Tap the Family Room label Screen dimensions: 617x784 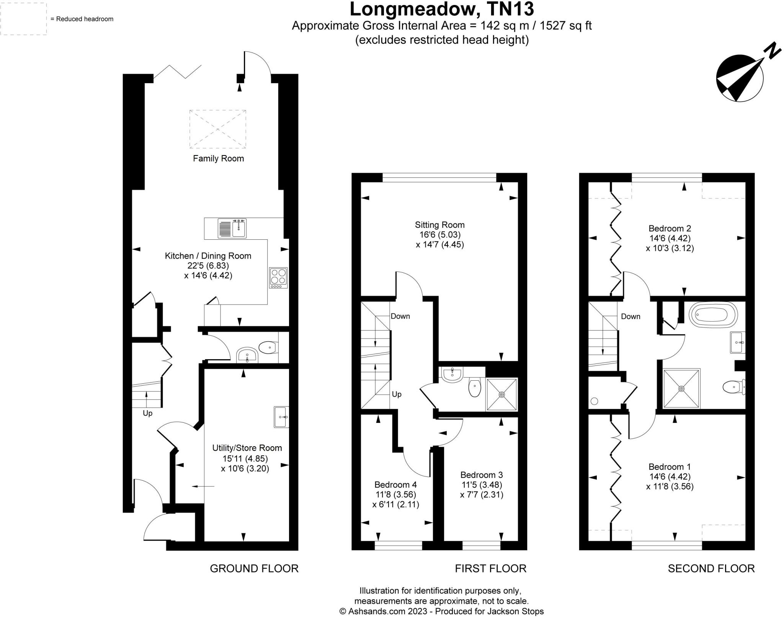point(218,158)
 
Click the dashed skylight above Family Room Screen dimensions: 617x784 point(217,129)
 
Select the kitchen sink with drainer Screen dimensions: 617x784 point(232,228)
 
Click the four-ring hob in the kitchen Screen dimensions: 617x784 point(278,278)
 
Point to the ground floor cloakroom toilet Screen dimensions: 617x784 point(268,348)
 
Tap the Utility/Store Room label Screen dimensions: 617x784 point(247,448)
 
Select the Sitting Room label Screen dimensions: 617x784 point(439,225)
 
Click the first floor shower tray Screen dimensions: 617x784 point(501,394)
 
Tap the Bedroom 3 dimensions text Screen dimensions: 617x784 point(482,489)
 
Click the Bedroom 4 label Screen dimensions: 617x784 point(395,484)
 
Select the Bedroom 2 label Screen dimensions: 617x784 point(670,229)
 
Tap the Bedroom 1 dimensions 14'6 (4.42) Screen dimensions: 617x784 point(670,476)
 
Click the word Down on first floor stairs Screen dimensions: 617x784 point(400,316)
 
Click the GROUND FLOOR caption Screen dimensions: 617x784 point(254,568)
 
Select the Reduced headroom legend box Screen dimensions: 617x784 point(23,19)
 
